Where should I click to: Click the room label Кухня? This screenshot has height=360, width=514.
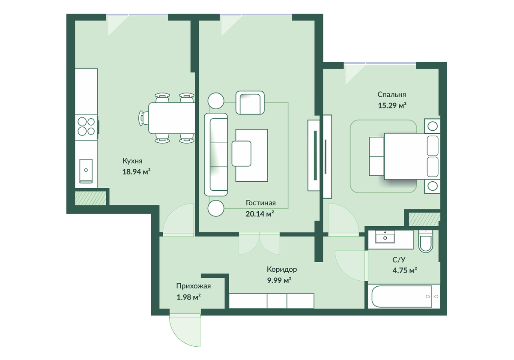[132, 161]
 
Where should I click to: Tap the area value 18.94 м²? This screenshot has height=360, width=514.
[136, 171]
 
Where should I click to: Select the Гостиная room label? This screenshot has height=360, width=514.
[261, 203]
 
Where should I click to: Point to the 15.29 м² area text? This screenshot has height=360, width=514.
[392, 105]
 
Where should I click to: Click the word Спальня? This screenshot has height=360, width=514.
[391, 95]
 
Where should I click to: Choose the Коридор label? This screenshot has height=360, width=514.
[282, 269]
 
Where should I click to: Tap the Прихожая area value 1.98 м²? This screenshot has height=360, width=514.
[188, 297]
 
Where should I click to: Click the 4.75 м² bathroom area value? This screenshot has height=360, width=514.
[405, 270]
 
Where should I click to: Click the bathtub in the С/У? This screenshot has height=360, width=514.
[404, 297]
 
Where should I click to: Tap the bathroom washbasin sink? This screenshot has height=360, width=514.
[385, 237]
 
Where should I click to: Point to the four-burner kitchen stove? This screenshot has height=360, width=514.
[86, 127]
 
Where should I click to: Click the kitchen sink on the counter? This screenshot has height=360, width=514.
[86, 171]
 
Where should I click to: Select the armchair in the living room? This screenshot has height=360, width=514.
[250, 102]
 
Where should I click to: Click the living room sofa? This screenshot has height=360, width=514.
[216, 155]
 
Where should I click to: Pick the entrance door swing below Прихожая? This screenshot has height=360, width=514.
[185, 330]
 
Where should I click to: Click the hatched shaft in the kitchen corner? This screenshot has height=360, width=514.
[91, 198]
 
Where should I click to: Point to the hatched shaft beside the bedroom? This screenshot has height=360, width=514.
[424, 219]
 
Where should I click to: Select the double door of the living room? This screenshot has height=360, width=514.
[259, 243]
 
